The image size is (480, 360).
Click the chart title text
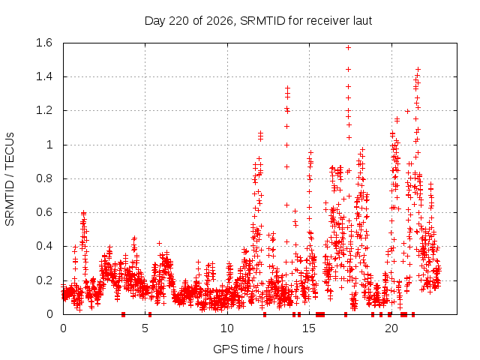click(x=258, y=21)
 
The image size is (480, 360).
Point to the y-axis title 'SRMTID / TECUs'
click(x=10, y=179)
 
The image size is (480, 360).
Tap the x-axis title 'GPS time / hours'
click(x=258, y=349)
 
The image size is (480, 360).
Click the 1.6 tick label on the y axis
click(x=44, y=43)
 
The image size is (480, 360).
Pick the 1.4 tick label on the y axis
click(x=44, y=76)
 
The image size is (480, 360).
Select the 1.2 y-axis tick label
click(x=44, y=110)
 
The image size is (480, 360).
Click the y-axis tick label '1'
click(x=49, y=145)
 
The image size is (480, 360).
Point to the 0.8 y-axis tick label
click(x=44, y=178)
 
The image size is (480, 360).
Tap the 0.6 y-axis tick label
click(x=44, y=212)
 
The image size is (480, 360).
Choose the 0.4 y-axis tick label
click(x=44, y=247)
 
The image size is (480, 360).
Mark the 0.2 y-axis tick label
click(x=44, y=280)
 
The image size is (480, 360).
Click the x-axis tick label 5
click(x=145, y=328)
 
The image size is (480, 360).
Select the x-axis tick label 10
click(x=227, y=328)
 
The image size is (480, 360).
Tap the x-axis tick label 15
click(x=309, y=328)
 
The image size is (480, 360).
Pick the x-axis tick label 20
click(x=391, y=328)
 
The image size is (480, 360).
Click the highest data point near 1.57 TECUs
click(x=348, y=48)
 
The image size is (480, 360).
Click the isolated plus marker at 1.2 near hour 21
click(x=407, y=112)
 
